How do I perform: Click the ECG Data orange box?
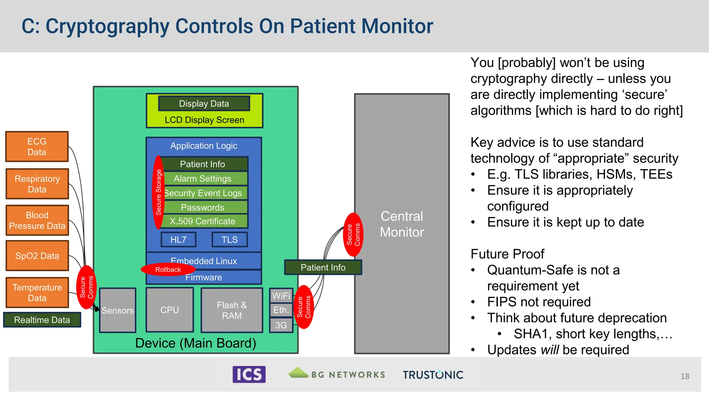tap(37, 147)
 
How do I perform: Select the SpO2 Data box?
tap(37, 256)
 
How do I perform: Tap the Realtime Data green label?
tap(42, 320)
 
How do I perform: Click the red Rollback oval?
tap(168, 269)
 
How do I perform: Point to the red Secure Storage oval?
tap(159, 193)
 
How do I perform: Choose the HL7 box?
tap(178, 239)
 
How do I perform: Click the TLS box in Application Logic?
tap(230, 239)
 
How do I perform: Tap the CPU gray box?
tap(170, 310)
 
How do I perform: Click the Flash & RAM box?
tap(232, 310)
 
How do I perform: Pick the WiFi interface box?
tap(281, 295)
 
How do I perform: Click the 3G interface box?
tap(281, 325)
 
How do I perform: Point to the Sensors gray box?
tap(118, 310)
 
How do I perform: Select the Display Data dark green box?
tap(204, 103)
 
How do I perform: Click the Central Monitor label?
tap(402, 224)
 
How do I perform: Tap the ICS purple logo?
tap(249, 374)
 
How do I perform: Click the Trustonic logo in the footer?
tap(433, 374)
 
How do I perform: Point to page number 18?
tap(684, 376)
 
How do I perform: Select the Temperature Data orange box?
tap(37, 293)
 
